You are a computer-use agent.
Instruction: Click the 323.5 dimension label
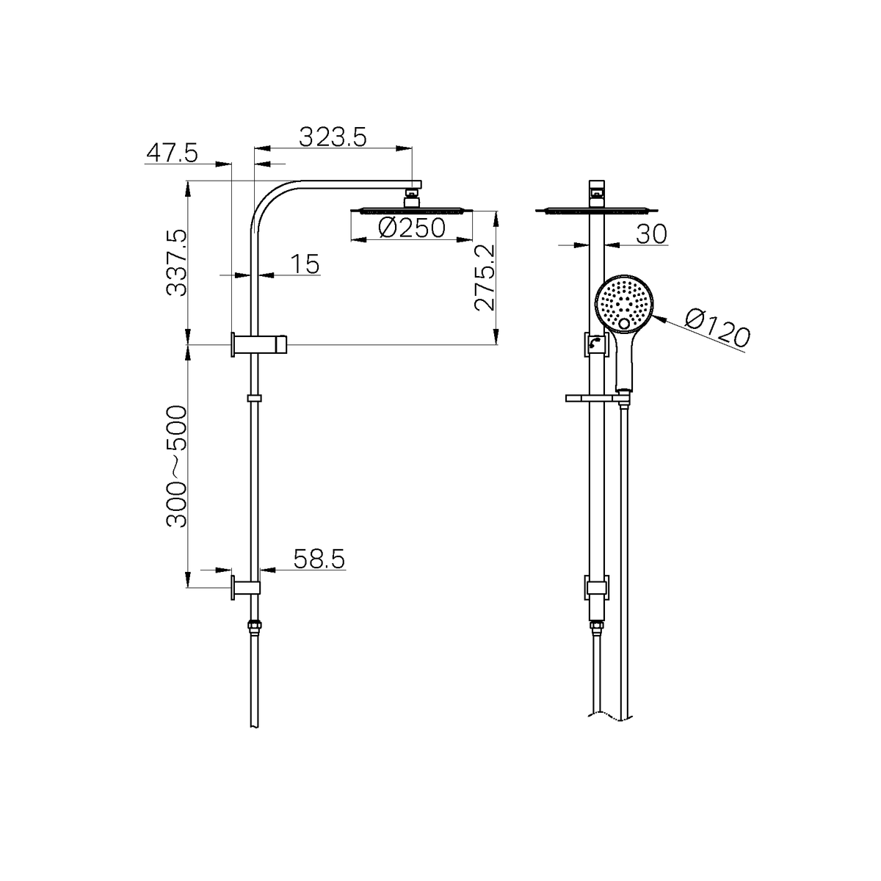pos(333,137)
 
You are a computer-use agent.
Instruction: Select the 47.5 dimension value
pos(172,153)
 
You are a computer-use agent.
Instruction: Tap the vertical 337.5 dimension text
pos(177,263)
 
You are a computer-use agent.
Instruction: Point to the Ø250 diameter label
pos(411,228)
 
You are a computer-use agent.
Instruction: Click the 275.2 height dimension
pos(485,278)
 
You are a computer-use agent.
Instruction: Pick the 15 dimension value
pos(305,264)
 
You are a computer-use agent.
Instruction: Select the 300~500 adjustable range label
pos(177,467)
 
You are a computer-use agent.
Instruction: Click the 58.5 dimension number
pos(319,559)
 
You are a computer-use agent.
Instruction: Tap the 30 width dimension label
pos(651,234)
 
